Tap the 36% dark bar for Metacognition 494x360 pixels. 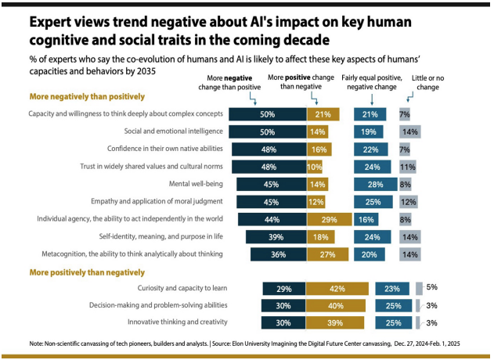pos(278,254)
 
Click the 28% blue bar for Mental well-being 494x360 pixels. pos(375,184)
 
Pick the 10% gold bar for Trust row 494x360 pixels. pos(315,167)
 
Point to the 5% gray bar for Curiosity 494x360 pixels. pos(419,288)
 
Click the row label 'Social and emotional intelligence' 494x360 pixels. pos(171,131)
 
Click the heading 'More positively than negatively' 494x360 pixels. pos(87,272)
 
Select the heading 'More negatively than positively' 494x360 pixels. pos(87,96)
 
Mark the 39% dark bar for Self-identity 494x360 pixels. pos(276,236)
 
